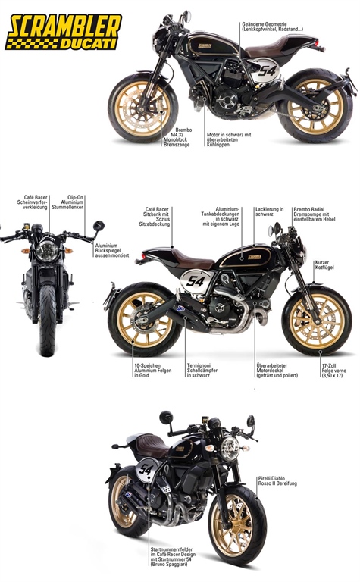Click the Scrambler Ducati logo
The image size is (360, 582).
tap(64, 32)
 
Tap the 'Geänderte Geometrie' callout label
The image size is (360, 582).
tap(272, 27)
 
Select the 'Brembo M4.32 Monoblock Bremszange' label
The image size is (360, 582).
tap(177, 137)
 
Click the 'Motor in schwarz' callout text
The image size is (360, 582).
tap(229, 139)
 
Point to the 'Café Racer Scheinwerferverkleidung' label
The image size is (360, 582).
tap(33, 202)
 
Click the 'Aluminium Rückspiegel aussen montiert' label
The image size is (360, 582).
tap(111, 251)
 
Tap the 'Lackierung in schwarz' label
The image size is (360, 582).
tap(270, 212)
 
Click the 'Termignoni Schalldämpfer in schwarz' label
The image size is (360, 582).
tap(202, 371)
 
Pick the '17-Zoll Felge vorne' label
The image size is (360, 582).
tap(334, 371)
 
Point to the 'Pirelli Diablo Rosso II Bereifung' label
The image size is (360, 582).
tap(277, 481)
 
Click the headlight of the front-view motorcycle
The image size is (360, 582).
tap(46, 251)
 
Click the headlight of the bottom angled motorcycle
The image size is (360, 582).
tap(229, 449)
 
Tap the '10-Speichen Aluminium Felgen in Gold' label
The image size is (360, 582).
tap(153, 371)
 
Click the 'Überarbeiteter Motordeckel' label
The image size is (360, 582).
tap(277, 371)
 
